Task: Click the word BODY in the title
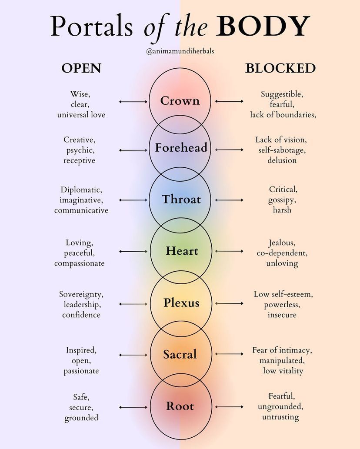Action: (x=264, y=27)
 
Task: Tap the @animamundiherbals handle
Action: (x=180, y=51)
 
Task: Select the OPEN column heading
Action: (x=81, y=68)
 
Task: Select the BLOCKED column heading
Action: (x=280, y=68)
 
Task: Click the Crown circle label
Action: (x=180, y=101)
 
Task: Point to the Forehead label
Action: (x=181, y=148)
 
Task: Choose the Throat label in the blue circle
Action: (x=181, y=200)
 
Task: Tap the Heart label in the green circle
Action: (x=182, y=251)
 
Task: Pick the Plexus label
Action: (x=181, y=303)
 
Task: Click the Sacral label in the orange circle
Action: (x=180, y=355)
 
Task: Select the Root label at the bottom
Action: (x=180, y=406)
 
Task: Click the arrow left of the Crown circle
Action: (x=133, y=101)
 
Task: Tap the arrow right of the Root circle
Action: (x=229, y=407)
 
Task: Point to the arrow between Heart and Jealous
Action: (x=229, y=251)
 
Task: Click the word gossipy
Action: (x=282, y=200)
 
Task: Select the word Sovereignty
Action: (x=81, y=294)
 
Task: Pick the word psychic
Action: (x=80, y=150)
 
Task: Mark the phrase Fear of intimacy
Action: (x=282, y=350)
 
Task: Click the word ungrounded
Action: (x=280, y=407)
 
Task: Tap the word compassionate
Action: (x=80, y=263)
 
